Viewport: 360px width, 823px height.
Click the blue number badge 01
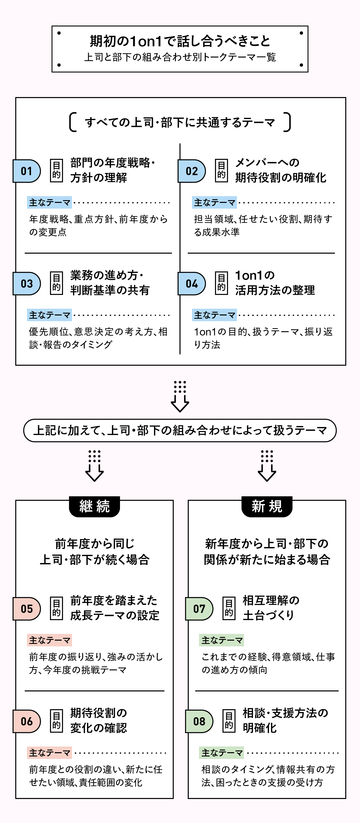pyautogui.click(x=27, y=171)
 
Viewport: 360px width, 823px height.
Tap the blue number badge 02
pyautogui.click(x=192, y=171)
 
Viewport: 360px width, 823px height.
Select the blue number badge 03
pyautogui.click(x=27, y=283)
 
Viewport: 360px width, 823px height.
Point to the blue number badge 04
pyautogui.click(x=192, y=283)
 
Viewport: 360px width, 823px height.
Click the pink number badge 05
pyautogui.click(x=27, y=609)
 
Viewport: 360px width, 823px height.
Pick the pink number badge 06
pyautogui.click(x=27, y=721)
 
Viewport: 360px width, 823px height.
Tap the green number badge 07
pyautogui.click(x=199, y=609)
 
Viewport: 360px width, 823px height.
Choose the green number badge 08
pyautogui.click(x=199, y=721)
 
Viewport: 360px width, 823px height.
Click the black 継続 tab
pyautogui.click(x=94, y=506)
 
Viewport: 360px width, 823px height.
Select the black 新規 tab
pyautogui.click(x=267, y=506)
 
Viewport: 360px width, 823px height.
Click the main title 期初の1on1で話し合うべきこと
pyautogui.click(x=180, y=41)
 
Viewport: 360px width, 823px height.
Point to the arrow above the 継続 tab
pyautogui.click(x=94, y=466)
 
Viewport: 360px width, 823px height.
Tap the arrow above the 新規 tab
pyautogui.click(x=267, y=466)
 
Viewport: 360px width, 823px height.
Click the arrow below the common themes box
pyautogui.click(x=180, y=396)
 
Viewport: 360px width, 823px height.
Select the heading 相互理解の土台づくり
pyautogui.click(x=271, y=608)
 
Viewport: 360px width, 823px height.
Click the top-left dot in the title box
pyautogui.click(x=59, y=33)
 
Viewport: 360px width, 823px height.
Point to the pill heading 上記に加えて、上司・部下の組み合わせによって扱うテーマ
pyautogui.click(x=180, y=430)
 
